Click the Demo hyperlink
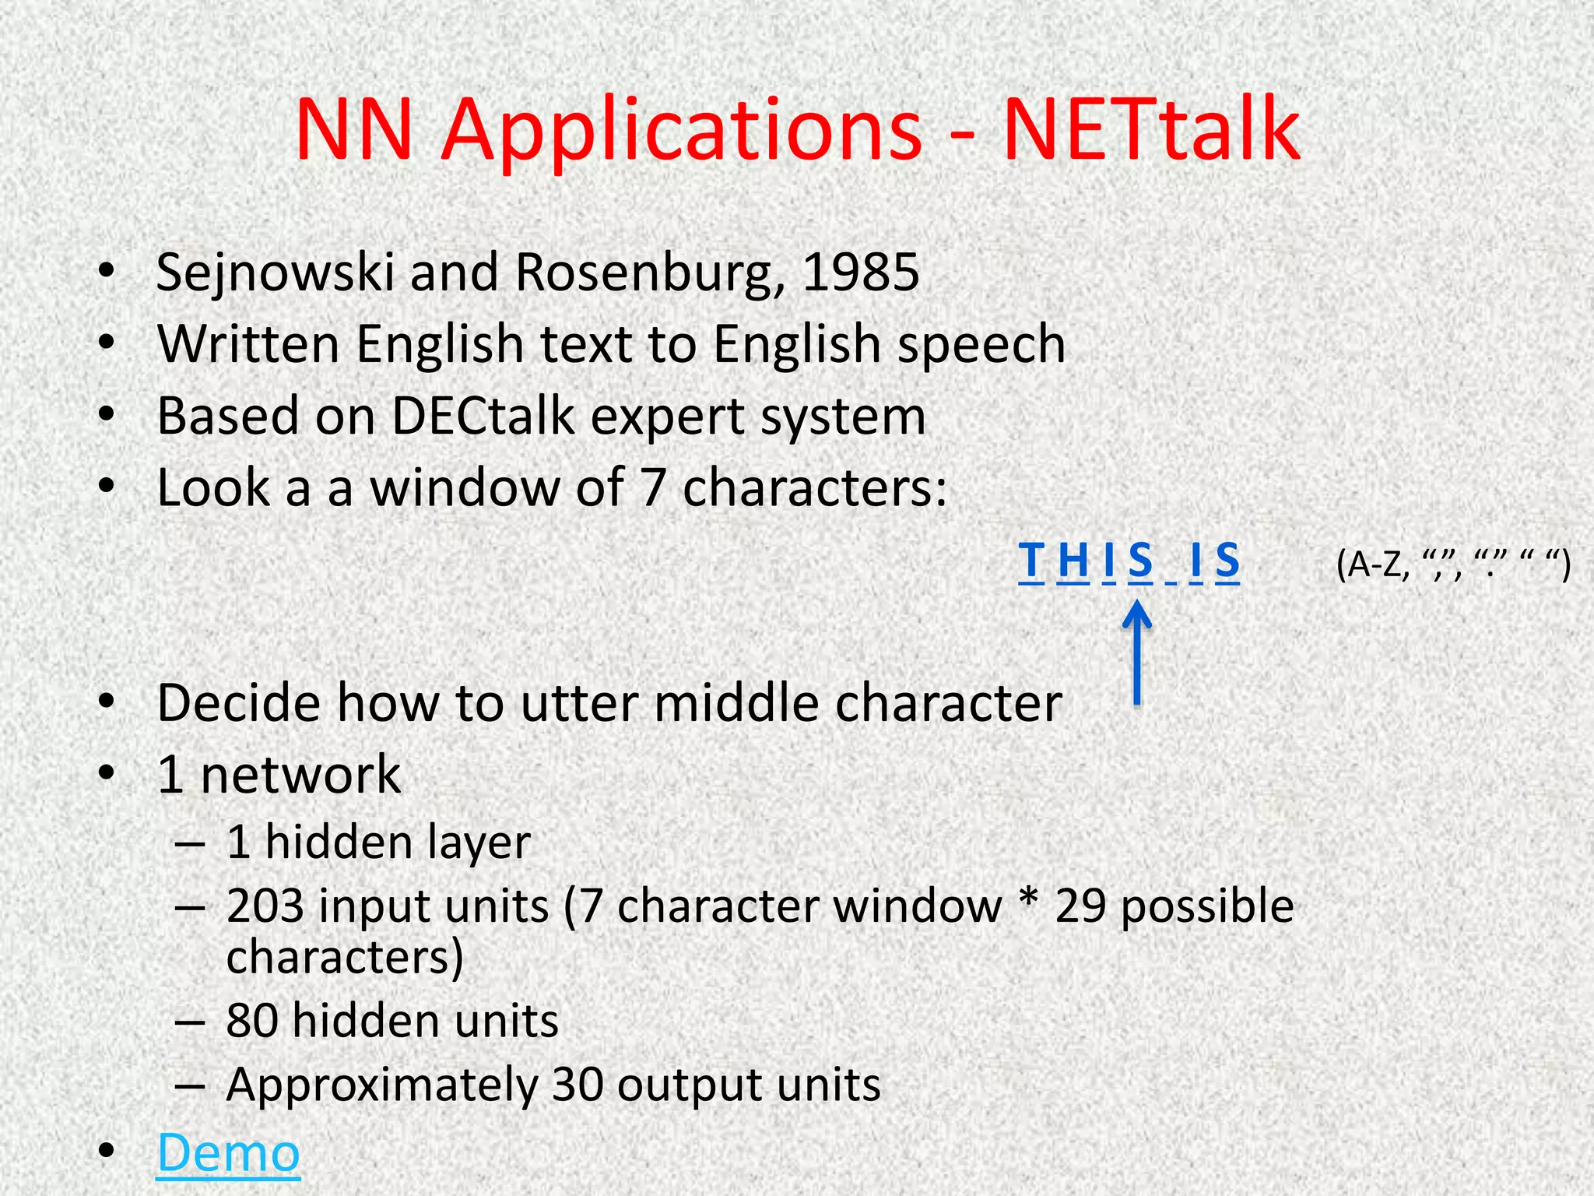[228, 1152]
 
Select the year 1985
[861, 273]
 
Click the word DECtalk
[482, 416]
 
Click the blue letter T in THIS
[1031, 561]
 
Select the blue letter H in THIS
[1073, 561]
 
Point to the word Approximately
[381, 1085]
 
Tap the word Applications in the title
[682, 128]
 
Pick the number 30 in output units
[578, 1085]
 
